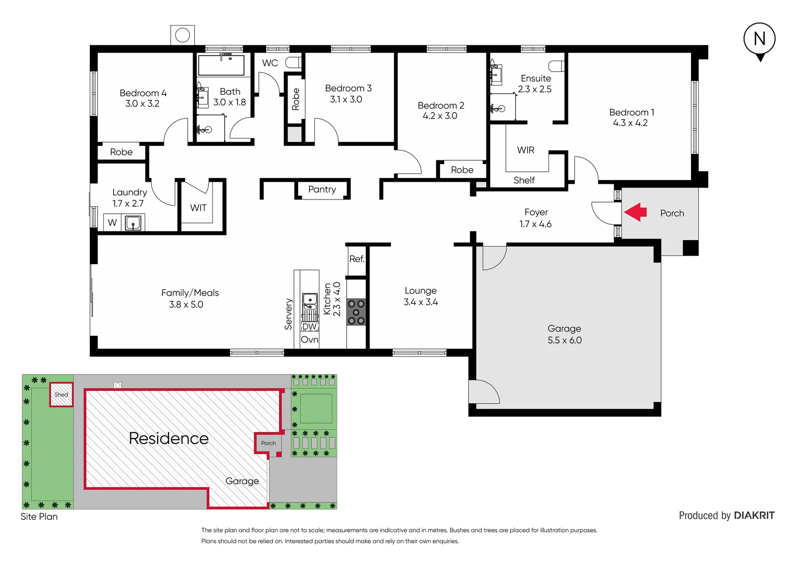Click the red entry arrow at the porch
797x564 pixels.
(x=635, y=213)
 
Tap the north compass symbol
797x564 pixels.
(x=759, y=40)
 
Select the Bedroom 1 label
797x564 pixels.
(x=632, y=112)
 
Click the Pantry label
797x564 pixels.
(x=322, y=189)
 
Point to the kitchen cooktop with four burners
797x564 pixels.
(x=356, y=312)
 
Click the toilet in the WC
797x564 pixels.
(x=294, y=63)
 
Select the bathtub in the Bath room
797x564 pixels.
(x=221, y=66)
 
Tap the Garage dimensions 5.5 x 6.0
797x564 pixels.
(x=564, y=340)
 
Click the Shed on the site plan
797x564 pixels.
(x=61, y=395)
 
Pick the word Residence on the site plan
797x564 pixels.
(x=169, y=438)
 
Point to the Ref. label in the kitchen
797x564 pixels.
(x=357, y=259)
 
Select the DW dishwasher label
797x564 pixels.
(x=310, y=326)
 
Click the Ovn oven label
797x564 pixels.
(x=310, y=339)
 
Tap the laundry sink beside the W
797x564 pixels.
(x=133, y=223)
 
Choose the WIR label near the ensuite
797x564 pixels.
(x=526, y=150)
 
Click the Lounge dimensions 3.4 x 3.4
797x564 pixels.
(x=421, y=302)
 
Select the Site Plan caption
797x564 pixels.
(x=39, y=516)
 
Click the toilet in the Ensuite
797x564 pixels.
(x=557, y=66)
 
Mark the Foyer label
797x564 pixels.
(x=536, y=212)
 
